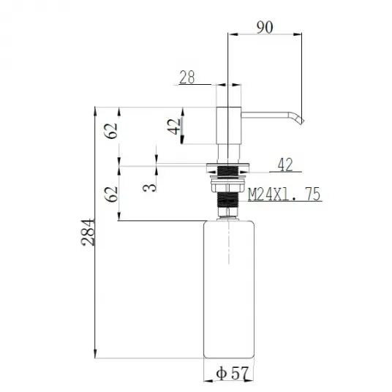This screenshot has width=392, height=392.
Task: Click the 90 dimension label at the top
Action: click(265, 27)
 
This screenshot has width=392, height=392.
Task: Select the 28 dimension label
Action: click(187, 77)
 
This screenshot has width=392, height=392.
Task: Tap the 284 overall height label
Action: click(88, 233)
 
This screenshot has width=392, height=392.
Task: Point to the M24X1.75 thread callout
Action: click(284, 194)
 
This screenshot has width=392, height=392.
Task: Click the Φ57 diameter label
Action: click(233, 374)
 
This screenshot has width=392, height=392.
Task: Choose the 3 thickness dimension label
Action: click(149, 187)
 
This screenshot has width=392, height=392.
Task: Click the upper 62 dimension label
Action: click(111, 130)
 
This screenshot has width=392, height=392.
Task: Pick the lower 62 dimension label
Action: click(111, 194)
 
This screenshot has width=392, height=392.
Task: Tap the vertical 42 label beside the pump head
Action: click(174, 127)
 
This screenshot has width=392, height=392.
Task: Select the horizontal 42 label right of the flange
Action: click(285, 165)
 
